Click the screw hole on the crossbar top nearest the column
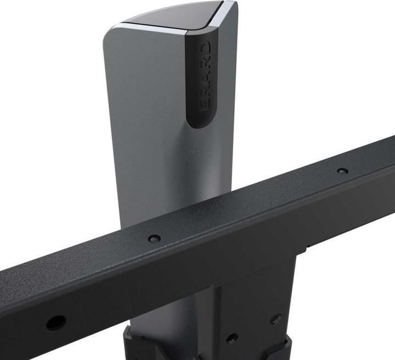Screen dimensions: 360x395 tap(155, 238)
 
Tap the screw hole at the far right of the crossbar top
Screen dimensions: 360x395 tap(342, 171)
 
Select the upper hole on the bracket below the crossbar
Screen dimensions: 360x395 tap(276, 319)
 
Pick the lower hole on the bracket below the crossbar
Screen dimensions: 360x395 tap(232, 338)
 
